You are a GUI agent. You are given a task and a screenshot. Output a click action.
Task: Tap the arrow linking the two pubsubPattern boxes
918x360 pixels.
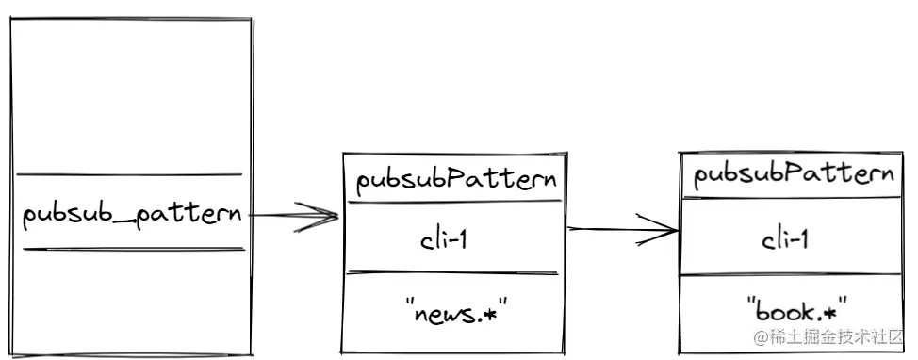point(622,228)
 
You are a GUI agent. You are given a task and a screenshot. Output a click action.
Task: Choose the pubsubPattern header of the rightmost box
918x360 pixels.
point(794,174)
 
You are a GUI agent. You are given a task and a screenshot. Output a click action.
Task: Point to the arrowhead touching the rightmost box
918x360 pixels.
point(667,229)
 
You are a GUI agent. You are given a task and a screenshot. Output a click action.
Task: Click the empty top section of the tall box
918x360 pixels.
point(130,94)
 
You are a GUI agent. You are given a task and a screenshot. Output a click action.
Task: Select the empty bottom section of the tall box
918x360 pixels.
point(130,302)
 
